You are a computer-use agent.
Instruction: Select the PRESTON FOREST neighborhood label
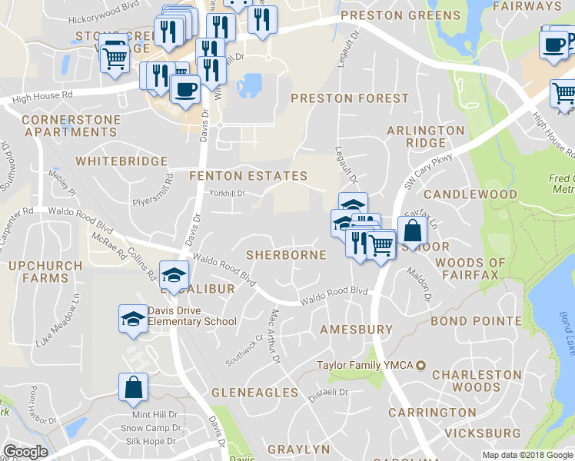point(349,98)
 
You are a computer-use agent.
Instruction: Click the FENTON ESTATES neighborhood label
point(248,176)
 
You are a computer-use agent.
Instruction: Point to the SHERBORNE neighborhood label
point(286,254)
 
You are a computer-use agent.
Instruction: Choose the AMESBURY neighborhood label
point(356,329)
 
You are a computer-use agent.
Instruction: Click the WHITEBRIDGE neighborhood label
point(121,161)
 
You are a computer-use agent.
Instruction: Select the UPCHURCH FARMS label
point(39,272)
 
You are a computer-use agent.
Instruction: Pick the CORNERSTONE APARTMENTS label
point(71,126)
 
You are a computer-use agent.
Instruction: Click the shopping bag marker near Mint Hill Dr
point(133,388)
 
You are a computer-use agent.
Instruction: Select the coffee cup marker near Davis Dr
point(185,88)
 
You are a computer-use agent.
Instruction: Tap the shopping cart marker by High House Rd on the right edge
point(563,93)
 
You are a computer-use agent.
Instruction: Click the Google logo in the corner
point(25,452)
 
